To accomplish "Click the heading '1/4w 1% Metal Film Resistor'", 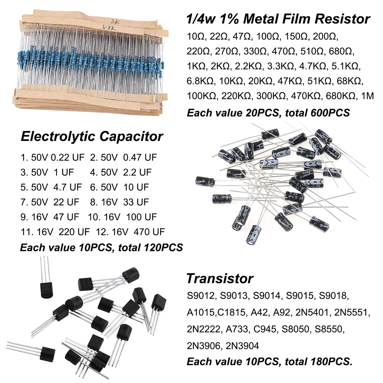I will pos(278,19).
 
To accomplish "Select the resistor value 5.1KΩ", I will pos(346,66).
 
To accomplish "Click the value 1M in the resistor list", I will pos(367,96).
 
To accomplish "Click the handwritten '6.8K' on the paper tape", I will pos(109,28).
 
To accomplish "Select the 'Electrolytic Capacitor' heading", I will pos(92,136).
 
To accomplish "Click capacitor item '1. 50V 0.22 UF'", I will pos(52,158).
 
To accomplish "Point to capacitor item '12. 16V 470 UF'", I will pos(130,232).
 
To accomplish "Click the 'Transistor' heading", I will pos(220,278).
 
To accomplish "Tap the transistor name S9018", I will pos(334,296).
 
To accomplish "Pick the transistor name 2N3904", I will pos(242,346).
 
